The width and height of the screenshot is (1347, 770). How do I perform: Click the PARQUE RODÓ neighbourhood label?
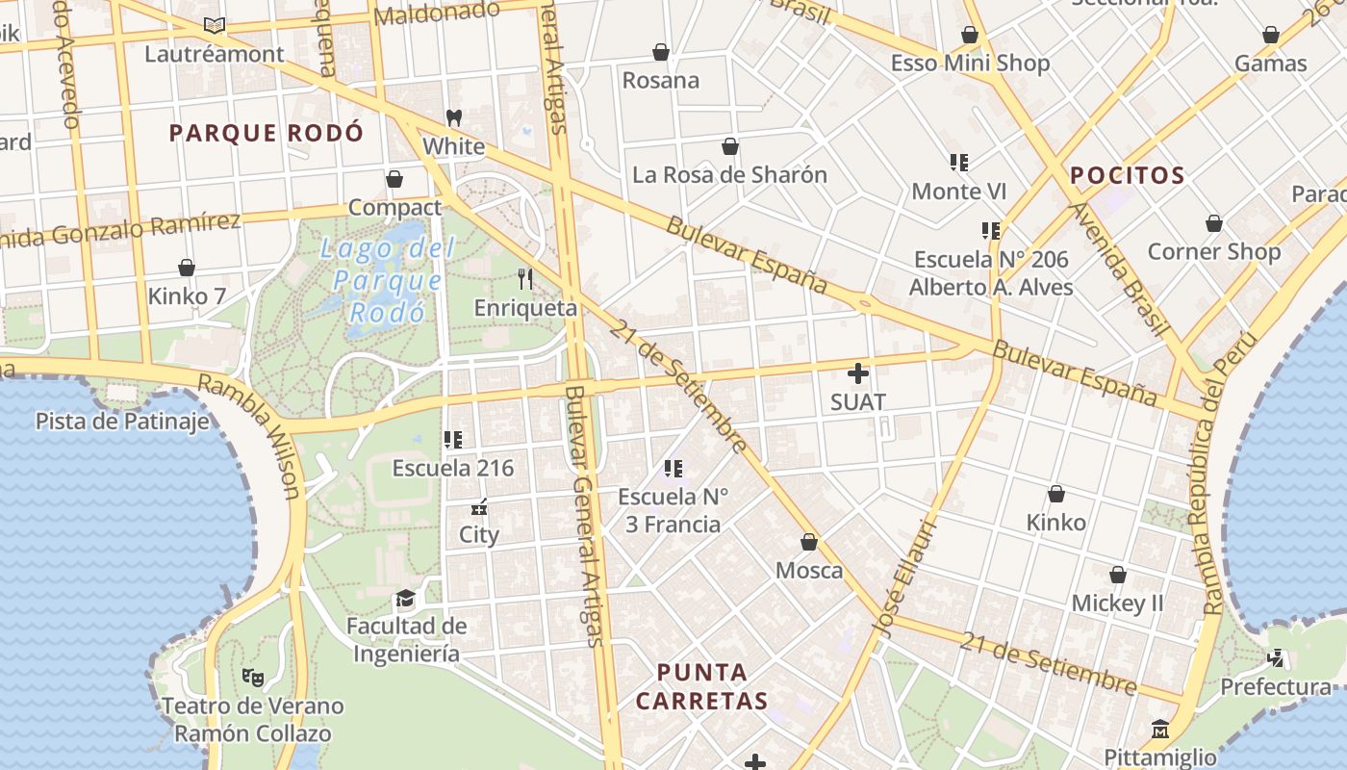[x=267, y=133]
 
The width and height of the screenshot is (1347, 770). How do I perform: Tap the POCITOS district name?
[x=1127, y=175]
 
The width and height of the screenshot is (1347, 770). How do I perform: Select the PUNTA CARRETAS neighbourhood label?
[x=701, y=686]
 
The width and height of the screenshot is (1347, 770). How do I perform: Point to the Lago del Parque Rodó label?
[x=386, y=280]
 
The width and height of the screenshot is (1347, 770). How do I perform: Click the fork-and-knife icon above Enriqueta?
[x=525, y=279]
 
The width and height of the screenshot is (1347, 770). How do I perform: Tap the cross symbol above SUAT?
[x=858, y=373]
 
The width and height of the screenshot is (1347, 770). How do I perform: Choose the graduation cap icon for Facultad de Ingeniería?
[x=406, y=598]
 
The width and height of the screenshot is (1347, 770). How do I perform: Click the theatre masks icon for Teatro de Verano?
[x=253, y=677]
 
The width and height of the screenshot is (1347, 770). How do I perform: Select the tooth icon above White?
[x=454, y=118]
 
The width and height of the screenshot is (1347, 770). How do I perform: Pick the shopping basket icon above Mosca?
[x=809, y=542]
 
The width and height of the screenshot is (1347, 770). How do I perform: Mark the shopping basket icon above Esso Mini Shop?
[x=970, y=35]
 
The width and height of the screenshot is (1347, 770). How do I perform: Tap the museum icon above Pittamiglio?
[x=1159, y=728]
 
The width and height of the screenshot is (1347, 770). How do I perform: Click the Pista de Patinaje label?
[x=122, y=422]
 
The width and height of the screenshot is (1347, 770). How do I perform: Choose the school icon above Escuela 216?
[x=452, y=440]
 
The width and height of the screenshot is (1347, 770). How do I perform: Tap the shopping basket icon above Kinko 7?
[x=187, y=267]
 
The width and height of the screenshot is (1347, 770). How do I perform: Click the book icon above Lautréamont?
[x=215, y=25]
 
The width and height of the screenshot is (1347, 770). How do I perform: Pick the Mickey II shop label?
[x=1117, y=603]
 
